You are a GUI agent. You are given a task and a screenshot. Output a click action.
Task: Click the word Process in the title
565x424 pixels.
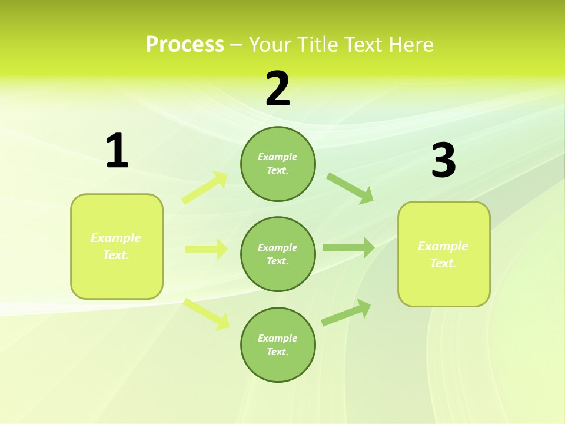pyautogui.click(x=185, y=44)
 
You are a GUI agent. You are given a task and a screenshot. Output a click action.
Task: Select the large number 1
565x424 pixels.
pyautogui.click(x=117, y=151)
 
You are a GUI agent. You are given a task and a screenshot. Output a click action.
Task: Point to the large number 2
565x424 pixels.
pyautogui.click(x=278, y=89)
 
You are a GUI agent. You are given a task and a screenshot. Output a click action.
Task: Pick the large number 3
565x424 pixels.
pyautogui.click(x=444, y=160)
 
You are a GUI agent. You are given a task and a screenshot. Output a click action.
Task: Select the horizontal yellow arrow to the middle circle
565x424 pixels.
pyautogui.click(x=206, y=249)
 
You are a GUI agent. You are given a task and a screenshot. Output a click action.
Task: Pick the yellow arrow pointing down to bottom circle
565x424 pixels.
pyautogui.click(x=207, y=313)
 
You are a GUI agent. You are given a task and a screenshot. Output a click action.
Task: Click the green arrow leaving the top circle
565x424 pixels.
pyautogui.click(x=350, y=188)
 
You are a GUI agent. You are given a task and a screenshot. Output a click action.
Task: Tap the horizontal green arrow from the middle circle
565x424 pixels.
pyautogui.click(x=348, y=248)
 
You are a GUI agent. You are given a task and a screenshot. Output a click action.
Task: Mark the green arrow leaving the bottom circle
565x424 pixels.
pyautogui.click(x=347, y=312)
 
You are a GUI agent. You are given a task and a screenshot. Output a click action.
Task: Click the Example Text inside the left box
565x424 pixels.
pyautogui.click(x=116, y=246)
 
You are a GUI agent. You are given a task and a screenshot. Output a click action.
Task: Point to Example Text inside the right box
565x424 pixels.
pyautogui.click(x=443, y=254)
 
